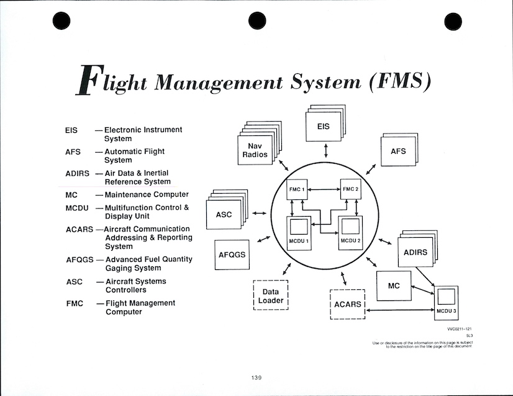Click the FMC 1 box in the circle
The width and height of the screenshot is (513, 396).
(x=296, y=189)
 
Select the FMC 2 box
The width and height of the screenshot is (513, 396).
(x=348, y=189)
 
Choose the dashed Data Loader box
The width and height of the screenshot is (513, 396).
(x=271, y=295)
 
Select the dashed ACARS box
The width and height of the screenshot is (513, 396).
(x=347, y=304)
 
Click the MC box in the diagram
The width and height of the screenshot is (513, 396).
(x=393, y=286)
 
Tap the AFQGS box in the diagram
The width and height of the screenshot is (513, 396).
(x=232, y=254)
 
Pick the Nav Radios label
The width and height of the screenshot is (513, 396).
(x=255, y=150)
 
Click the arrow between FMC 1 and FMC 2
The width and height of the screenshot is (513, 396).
(x=322, y=189)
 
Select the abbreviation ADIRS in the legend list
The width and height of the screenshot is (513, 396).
(x=78, y=173)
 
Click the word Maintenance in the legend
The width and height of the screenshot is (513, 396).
(x=132, y=195)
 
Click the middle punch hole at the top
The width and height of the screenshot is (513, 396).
(x=256, y=21)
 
